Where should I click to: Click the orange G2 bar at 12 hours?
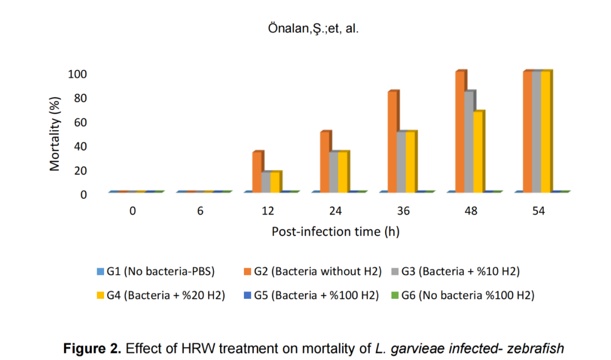tap(257, 172)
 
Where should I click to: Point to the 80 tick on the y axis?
tap(79, 98)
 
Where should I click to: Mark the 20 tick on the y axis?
tap(79, 170)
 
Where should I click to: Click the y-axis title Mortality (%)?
tap(55, 134)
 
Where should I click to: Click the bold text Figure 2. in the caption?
tap(92, 348)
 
